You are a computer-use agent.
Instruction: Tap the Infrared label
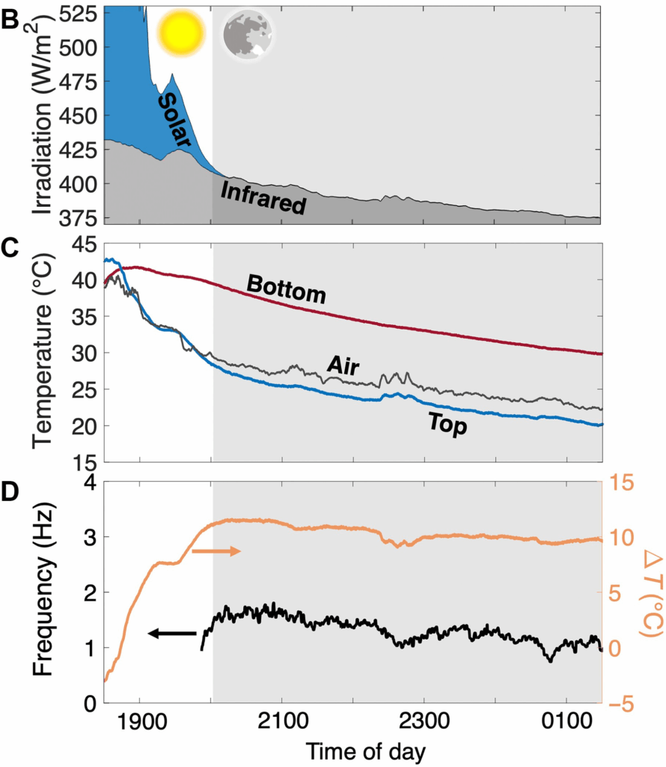(x=263, y=197)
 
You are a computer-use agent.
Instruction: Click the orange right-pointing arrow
(x=216, y=551)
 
